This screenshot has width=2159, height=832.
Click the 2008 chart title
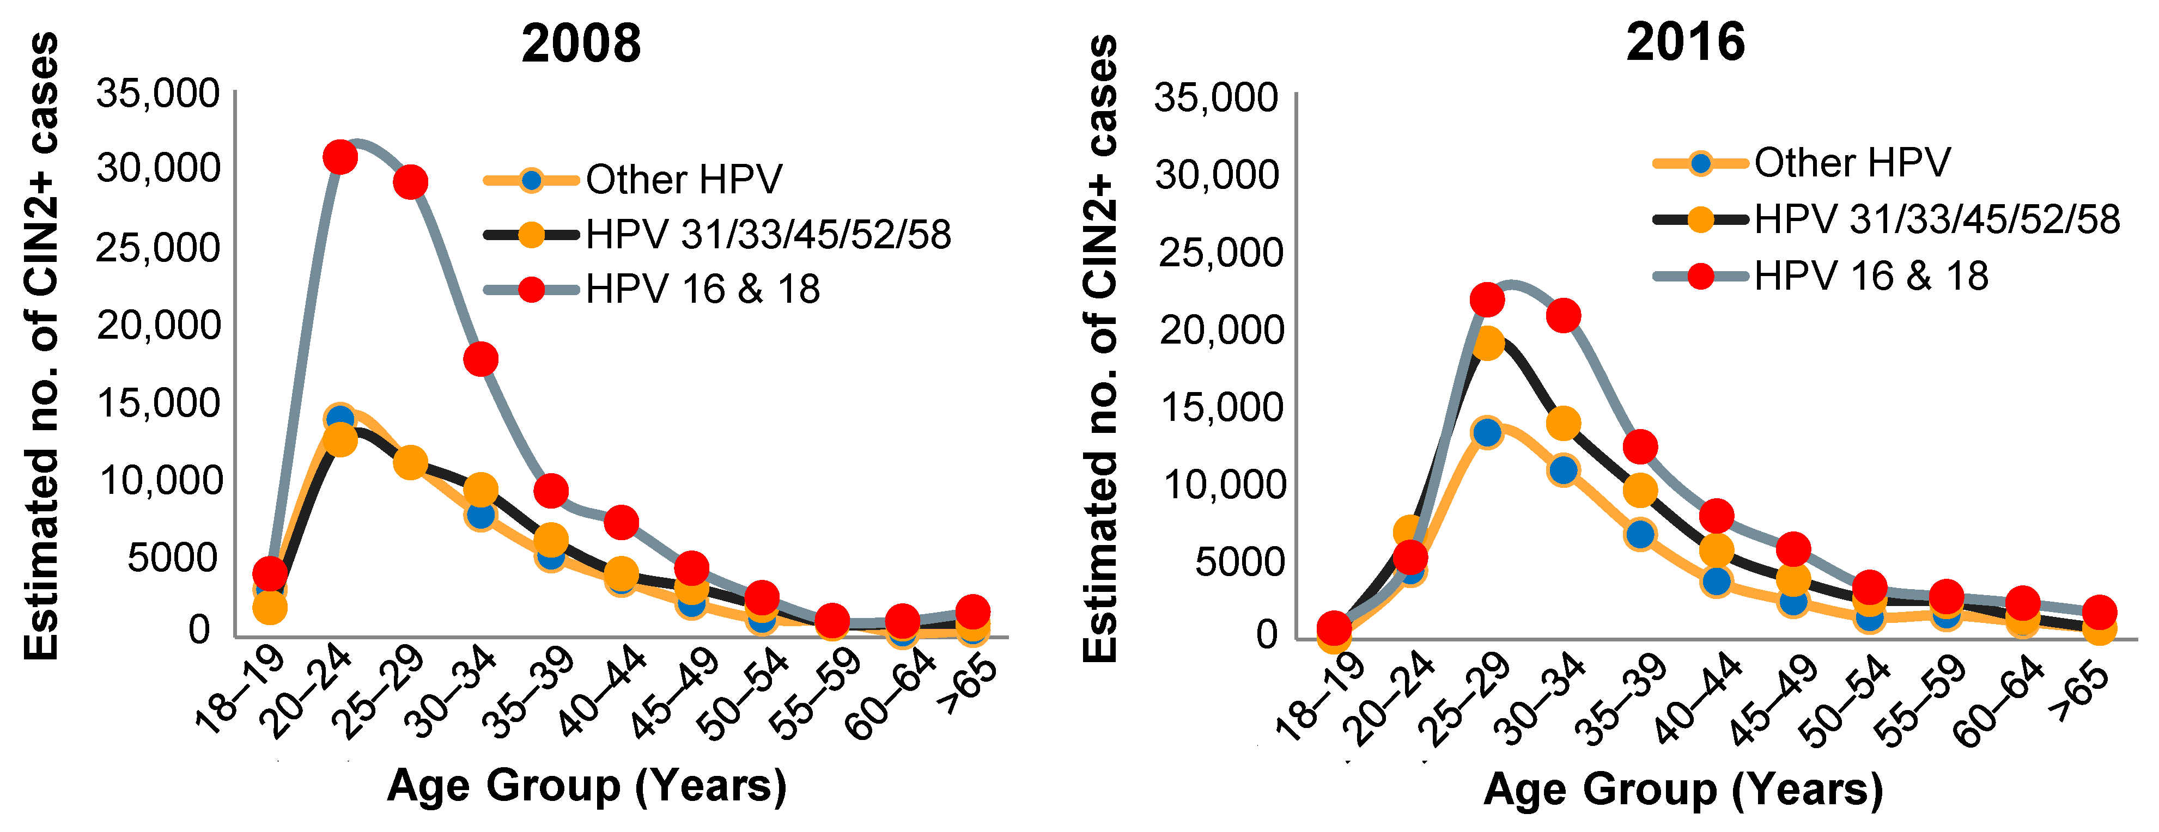[581, 44]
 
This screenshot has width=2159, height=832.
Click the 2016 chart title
[1686, 42]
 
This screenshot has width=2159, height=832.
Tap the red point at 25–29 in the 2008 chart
[411, 182]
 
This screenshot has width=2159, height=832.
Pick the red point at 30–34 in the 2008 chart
[481, 359]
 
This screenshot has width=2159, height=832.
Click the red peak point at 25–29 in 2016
[1487, 299]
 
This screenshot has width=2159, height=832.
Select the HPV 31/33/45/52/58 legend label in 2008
[768, 235]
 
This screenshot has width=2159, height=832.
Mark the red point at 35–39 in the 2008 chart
[551, 491]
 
